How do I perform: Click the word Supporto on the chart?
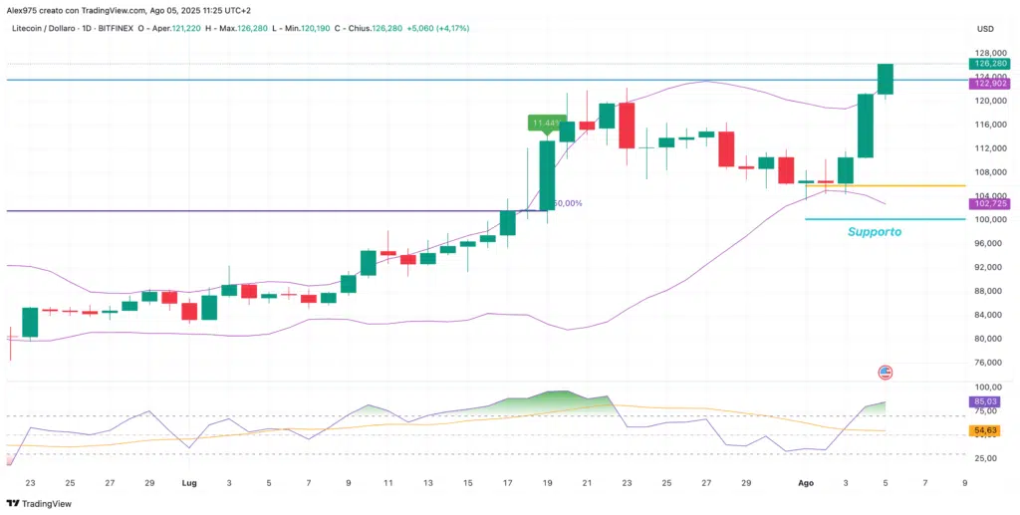pos(874,231)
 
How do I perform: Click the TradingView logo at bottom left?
pos(41,503)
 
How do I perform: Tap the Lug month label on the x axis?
pos(188,482)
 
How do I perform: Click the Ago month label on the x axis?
pos(806,482)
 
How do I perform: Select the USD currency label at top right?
pos(985,29)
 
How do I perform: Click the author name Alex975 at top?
pos(28,9)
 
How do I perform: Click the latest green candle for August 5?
pos(885,79)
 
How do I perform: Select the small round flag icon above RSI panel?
pos(885,372)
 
